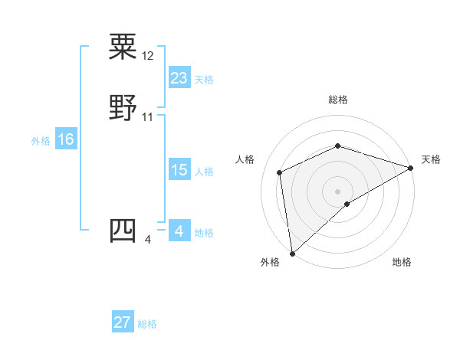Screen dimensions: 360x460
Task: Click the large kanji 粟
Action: coord(123,47)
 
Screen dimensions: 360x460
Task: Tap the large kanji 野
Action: coord(123,108)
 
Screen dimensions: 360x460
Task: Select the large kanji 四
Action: coord(123,231)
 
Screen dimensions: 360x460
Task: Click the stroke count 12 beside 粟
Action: coord(148,57)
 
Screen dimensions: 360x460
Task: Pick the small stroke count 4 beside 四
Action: coord(148,241)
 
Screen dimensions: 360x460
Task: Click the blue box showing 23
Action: coord(179,78)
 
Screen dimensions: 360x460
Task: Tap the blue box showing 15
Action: coord(179,170)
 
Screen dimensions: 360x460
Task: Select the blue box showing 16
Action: coord(66,139)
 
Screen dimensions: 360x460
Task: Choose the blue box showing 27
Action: coord(123,322)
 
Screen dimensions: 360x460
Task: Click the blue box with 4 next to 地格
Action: coord(179,231)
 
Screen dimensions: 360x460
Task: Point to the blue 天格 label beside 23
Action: coord(204,80)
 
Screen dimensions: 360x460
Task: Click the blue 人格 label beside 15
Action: coord(204,172)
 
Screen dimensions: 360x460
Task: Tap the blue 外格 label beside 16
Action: coord(41,141)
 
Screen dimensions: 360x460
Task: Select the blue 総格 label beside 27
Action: coord(147,324)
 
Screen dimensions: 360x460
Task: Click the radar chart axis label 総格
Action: coord(337,100)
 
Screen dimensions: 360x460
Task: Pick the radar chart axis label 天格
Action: coord(431,159)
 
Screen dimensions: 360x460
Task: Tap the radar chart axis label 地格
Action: coord(402,262)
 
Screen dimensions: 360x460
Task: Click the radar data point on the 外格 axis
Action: coord(292,253)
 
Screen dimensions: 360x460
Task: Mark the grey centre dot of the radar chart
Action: coord(337,191)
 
